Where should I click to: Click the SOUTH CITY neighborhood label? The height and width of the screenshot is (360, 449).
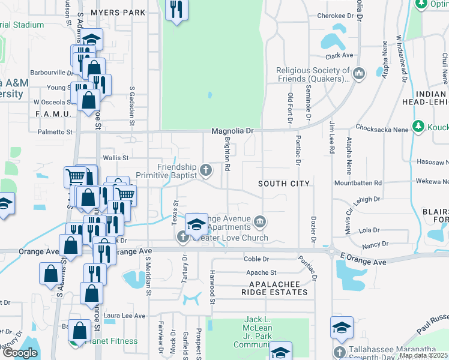tap(284, 183)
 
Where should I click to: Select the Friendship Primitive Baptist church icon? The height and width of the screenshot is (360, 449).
tap(206, 171)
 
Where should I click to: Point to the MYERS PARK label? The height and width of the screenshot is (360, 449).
tap(118, 12)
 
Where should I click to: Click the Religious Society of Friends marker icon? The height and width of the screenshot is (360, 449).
tap(359, 74)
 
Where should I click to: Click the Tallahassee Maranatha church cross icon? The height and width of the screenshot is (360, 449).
tap(339, 352)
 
